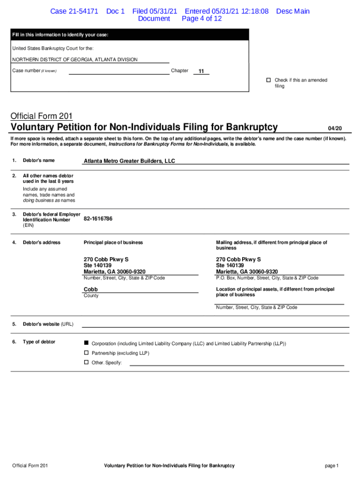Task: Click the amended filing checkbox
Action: [268, 80]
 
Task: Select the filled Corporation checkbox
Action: [86, 343]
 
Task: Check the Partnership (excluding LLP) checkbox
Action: [86, 353]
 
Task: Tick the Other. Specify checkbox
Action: [86, 363]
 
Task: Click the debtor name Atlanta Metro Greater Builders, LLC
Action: [129, 161]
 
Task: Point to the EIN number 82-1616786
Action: [98, 218]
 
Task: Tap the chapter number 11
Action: [201, 71]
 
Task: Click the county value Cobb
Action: [91, 289]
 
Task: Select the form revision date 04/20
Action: [335, 128]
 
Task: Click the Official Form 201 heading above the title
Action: [42, 116]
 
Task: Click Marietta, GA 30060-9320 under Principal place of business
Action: [115, 272]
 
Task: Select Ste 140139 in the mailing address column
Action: [230, 265]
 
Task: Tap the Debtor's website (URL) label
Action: [48, 324]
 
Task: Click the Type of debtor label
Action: [39, 341]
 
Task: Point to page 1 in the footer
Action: [331, 465]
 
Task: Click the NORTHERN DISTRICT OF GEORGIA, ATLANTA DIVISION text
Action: [75, 59]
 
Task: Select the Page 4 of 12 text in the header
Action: [202, 19]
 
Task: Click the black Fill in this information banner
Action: [130, 35]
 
